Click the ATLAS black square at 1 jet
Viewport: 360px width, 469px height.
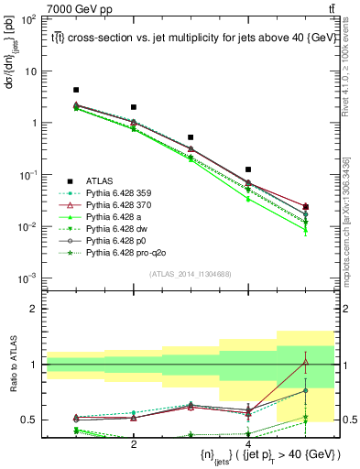click(76, 90)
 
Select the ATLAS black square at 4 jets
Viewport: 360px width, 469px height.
click(248, 169)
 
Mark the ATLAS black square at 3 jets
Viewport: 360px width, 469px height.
click(191, 136)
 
